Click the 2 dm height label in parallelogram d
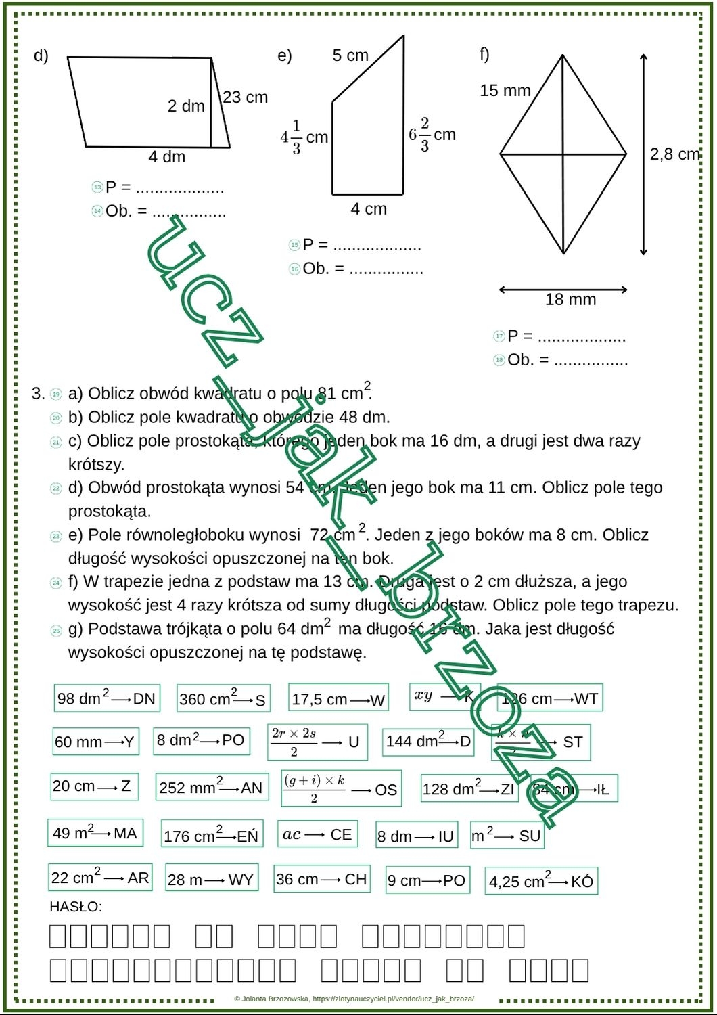tap(186, 106)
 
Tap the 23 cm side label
tap(245, 97)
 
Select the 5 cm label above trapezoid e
tap(350, 55)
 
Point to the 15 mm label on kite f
tap(505, 91)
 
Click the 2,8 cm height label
tap(674, 154)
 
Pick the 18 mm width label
tap(571, 300)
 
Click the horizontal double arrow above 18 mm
tap(563, 290)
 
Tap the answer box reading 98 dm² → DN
tap(107, 698)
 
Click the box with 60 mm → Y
tap(95, 742)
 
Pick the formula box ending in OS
tap(341, 788)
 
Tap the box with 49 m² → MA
tap(95, 833)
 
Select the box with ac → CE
tap(317, 834)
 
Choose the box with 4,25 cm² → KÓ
tap(541, 881)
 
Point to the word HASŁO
tap(76, 907)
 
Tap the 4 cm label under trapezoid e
tap(369, 209)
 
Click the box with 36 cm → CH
tap(321, 879)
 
